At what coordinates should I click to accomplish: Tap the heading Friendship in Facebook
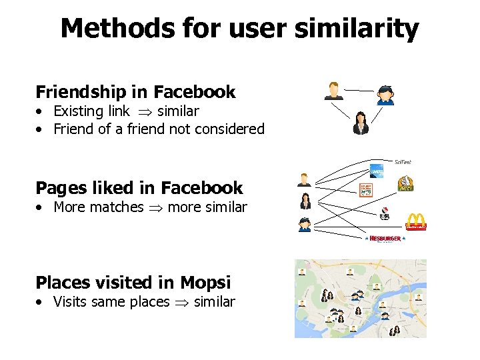click(135, 91)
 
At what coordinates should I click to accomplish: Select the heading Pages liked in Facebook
click(139, 188)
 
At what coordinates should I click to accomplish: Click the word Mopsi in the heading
click(209, 283)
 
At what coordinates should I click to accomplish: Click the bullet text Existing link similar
click(126, 111)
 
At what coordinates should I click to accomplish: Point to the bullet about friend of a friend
click(159, 129)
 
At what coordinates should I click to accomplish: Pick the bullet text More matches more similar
click(150, 207)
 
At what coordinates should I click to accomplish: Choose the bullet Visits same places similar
click(144, 302)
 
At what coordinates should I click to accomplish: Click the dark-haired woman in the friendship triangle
click(361, 123)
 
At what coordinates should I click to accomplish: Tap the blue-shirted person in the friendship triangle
click(385, 95)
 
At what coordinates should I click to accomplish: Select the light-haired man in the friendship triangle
click(333, 91)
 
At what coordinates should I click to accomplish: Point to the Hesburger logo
click(385, 239)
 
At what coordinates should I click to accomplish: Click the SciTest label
click(403, 162)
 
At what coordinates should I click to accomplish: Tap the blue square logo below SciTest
click(377, 171)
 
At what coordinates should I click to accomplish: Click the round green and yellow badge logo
click(405, 183)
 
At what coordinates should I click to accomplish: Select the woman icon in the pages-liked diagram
click(305, 201)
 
